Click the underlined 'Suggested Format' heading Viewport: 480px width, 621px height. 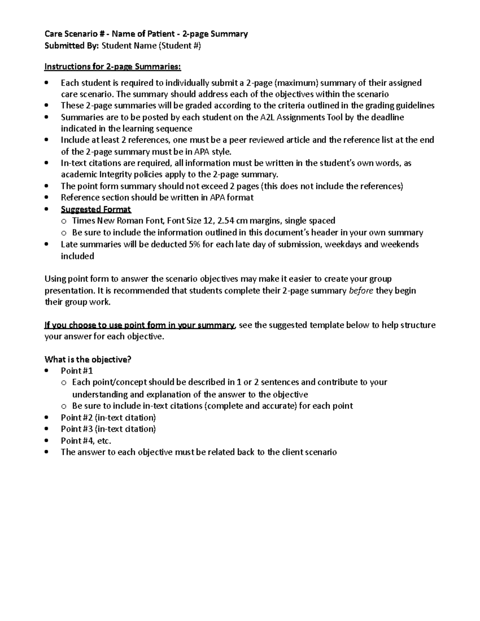pos(96,210)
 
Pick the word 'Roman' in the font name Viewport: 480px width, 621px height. pos(129,221)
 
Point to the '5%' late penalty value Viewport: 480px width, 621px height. pos(194,244)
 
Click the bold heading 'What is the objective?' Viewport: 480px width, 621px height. pos(88,359)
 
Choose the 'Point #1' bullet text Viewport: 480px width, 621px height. pos(77,371)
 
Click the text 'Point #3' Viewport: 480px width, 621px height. pos(77,429)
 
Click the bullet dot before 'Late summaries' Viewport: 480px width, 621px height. pos(47,244)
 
